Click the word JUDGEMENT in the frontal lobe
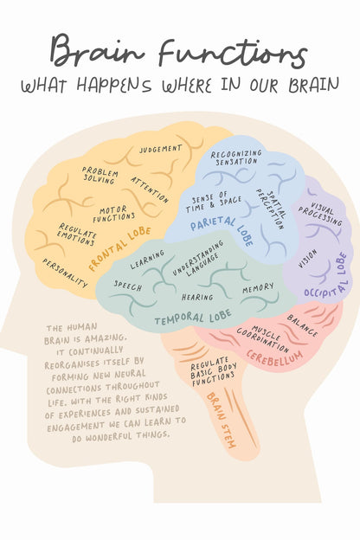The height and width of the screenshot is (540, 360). point(161,149)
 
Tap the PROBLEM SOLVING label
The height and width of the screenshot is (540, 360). point(100,175)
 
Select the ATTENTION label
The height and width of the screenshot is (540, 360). point(150,190)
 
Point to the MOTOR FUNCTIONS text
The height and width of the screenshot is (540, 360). point(113,214)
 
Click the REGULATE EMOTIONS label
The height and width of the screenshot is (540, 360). point(77,235)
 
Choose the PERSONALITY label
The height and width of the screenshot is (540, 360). point(65,273)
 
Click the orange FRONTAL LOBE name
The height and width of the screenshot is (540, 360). point(120,248)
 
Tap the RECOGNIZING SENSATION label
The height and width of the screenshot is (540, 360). point(236,157)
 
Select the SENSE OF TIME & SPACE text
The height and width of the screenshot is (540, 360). point(213,202)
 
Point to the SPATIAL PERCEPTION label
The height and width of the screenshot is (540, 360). point(271,209)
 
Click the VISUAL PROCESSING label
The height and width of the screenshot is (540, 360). point(321,214)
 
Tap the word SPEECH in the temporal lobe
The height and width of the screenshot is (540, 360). point(128,286)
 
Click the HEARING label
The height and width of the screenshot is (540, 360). point(197,297)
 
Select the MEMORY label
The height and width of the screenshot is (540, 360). point(259,288)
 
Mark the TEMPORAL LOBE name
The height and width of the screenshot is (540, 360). point(193,318)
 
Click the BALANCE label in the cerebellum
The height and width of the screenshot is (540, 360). point(302,325)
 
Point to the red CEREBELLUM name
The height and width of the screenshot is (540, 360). point(274,358)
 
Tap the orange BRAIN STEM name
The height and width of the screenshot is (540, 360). point(222,421)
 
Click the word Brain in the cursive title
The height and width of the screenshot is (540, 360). point(97,49)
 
